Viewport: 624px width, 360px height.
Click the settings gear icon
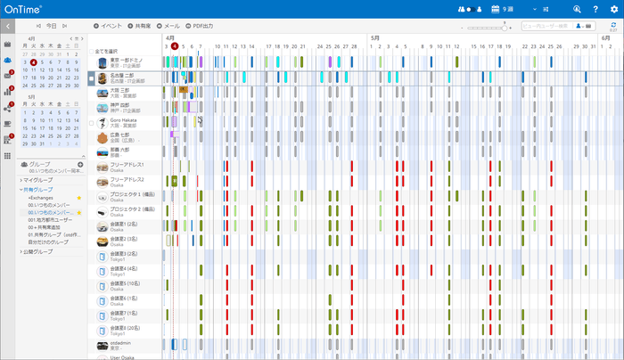612,9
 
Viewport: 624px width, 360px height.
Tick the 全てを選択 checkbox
93,52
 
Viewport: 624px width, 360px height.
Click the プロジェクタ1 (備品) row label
128,194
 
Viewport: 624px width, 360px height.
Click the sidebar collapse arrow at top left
7,27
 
